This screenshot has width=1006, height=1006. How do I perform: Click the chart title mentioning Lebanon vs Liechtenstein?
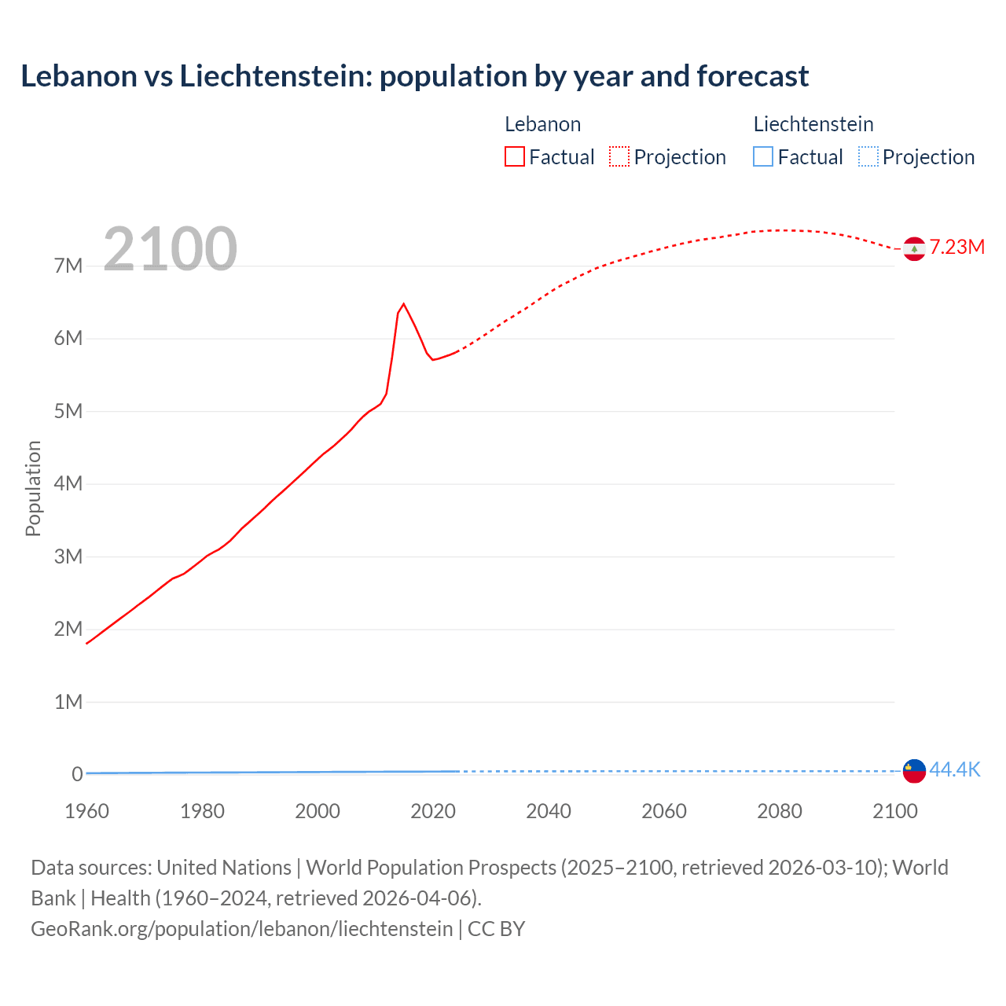coord(414,76)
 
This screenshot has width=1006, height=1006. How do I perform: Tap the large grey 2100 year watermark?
coord(170,249)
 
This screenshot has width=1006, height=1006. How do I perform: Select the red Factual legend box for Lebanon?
coord(514,156)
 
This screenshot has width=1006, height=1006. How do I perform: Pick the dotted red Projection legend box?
coord(619,156)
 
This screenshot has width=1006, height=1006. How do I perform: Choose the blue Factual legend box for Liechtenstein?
coord(763,156)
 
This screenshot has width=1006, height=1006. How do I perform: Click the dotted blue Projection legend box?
coord(868,156)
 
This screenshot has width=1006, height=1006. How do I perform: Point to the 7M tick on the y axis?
coord(68,266)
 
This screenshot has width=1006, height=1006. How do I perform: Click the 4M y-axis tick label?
coord(68,483)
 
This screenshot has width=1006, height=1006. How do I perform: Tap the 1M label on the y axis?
coord(68,702)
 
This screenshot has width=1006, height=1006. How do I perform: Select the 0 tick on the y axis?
coord(77,774)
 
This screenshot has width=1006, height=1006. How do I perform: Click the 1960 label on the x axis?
coord(86,811)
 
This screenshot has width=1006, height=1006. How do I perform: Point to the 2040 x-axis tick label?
coord(549,811)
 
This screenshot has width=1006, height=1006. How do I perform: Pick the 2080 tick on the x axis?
coord(780,811)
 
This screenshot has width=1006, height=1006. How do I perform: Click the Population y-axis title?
coord(33,488)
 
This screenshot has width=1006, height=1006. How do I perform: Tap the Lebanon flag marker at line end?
coord(914,248)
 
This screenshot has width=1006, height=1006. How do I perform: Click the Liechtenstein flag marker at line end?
coord(914,771)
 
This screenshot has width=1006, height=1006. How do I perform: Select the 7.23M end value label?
coord(957,247)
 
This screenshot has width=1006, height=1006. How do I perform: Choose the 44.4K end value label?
coord(955,769)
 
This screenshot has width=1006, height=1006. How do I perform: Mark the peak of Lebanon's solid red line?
coord(403,304)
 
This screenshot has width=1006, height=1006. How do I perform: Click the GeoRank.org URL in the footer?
coord(241,928)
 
